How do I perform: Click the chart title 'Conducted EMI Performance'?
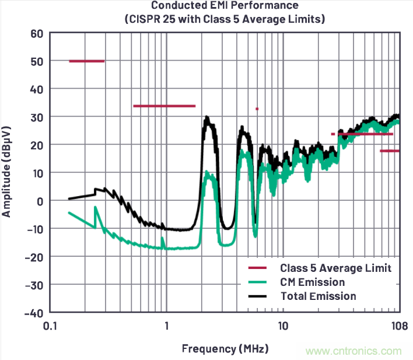coord(225,6)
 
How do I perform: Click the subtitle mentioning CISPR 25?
coord(225,19)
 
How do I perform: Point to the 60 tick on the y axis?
coord(37,33)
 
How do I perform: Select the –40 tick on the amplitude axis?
coord(34,312)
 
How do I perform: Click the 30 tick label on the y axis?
coord(37,117)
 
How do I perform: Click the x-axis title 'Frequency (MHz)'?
coord(225,349)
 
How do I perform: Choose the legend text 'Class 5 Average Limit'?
coord(335,268)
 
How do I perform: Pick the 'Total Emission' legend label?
coord(318,296)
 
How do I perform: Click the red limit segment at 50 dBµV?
coord(86,61)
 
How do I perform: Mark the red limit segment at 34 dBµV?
coord(164,106)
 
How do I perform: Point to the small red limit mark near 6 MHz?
coord(257,109)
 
